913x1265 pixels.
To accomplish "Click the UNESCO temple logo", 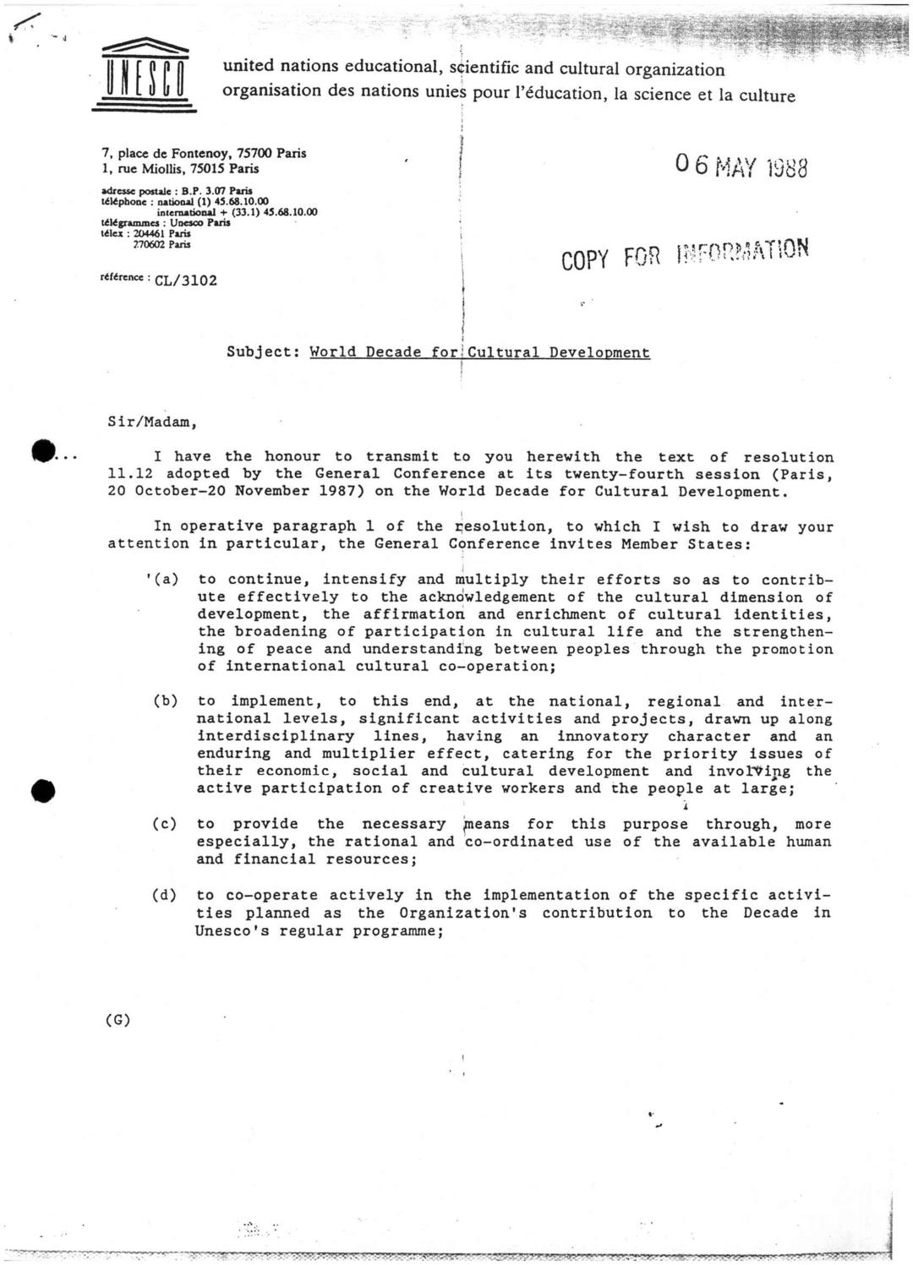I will click(x=144, y=76).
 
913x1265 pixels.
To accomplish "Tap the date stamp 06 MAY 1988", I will click(x=741, y=166).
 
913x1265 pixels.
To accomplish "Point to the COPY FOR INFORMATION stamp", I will click(x=685, y=253).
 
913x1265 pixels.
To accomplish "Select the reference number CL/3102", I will click(x=186, y=281).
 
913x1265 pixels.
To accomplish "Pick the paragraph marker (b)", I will click(x=165, y=701).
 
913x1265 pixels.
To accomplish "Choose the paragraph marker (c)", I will click(x=165, y=824).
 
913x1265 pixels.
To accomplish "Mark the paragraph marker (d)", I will click(x=165, y=895).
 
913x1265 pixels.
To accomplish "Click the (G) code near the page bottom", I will click(x=118, y=1019).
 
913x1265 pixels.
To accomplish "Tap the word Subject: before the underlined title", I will click(x=264, y=353).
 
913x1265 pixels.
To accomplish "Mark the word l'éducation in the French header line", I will click(x=560, y=93).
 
